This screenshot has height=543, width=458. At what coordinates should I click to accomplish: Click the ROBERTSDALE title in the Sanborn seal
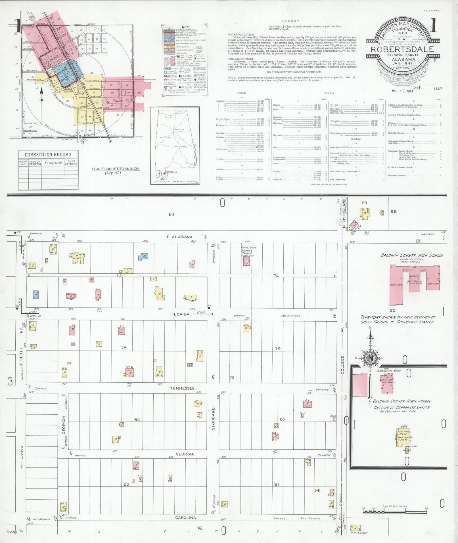coord(402,49)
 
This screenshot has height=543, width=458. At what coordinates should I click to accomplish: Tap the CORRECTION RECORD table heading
coord(48,155)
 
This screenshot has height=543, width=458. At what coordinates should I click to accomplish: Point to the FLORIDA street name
coord(180,314)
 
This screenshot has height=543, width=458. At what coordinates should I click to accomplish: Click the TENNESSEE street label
coord(182,388)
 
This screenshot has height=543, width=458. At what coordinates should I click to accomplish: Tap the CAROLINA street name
coord(185,517)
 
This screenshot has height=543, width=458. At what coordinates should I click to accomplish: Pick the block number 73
coord(118,275)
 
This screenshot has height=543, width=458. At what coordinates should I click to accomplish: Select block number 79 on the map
coord(277,348)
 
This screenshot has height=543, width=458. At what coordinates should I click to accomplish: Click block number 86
coord(126,484)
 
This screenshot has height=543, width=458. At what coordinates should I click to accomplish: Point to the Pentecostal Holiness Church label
coord(249,250)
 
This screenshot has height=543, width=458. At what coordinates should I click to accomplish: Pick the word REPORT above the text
coord(290,21)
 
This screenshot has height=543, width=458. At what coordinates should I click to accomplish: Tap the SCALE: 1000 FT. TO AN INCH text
coord(115,169)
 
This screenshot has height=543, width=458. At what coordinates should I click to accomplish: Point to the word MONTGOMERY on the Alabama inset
coord(180,146)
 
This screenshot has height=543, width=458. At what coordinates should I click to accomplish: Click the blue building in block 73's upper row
coord(143,257)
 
